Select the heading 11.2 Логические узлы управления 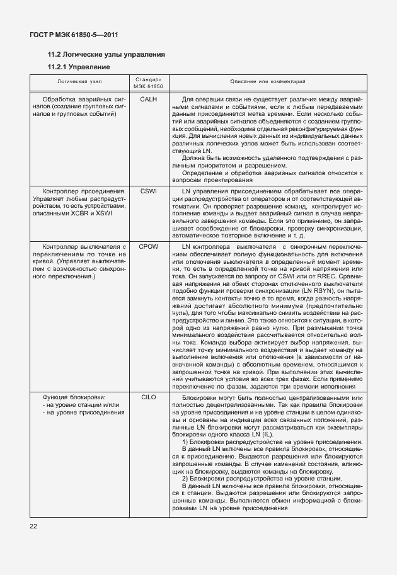point(106,55)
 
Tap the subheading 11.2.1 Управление point(79,67)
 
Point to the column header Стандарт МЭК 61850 point(148,82)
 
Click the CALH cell point(148,100)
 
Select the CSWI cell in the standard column point(148,190)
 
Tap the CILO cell point(148,398)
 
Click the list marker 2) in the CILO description point(185,480)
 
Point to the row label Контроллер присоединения point(84,190)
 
